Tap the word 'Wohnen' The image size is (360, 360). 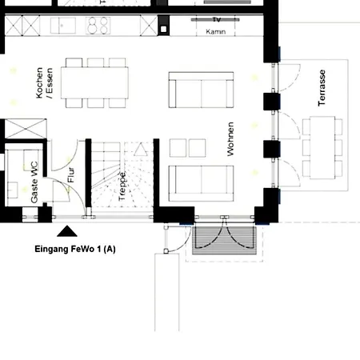tap(230, 139)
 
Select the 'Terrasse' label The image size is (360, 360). tap(322, 88)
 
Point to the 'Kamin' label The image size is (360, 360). tap(214, 33)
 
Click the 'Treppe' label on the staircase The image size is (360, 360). tap(122, 185)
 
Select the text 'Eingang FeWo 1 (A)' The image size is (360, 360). tap(76, 249)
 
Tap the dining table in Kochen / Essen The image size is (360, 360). tap(95, 82)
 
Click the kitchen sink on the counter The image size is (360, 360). tap(64, 25)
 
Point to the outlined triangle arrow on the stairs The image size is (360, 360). tap(138, 149)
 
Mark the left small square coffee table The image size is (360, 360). tap(178, 147)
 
